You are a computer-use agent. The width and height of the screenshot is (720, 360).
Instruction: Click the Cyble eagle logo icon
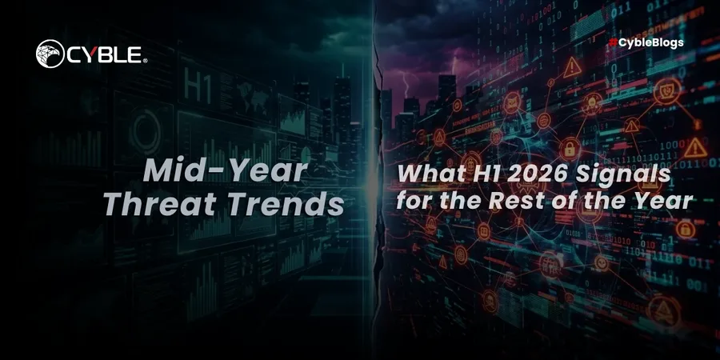50,54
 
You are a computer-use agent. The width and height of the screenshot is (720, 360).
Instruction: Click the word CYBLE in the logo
105,54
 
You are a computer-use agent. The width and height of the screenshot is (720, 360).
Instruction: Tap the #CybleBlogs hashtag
646,42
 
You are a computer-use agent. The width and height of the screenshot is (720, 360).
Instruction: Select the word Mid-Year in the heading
225,170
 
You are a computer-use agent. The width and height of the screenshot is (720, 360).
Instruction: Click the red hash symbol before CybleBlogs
613,42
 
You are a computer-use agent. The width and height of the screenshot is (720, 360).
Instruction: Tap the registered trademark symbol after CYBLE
145,61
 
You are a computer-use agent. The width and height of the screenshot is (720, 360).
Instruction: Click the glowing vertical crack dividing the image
373,180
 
